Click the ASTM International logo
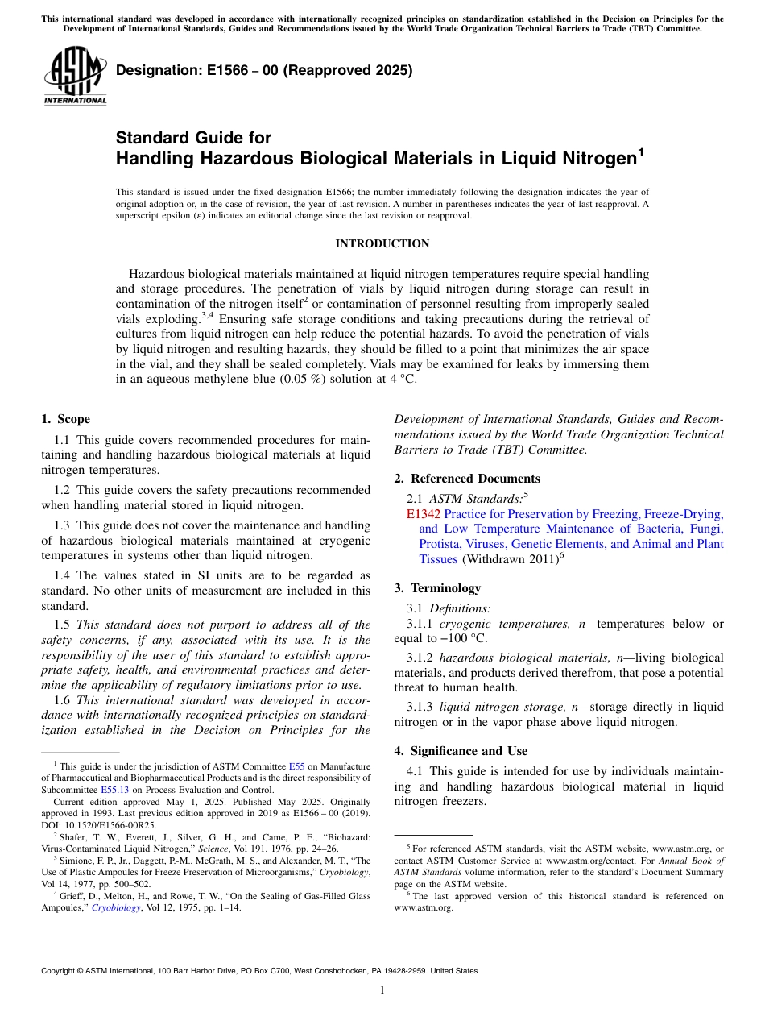point(75,76)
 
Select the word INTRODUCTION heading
point(382,243)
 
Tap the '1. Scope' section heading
point(65,419)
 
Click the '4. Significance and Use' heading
point(461,751)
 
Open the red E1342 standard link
point(424,513)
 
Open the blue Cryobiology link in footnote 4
point(115,907)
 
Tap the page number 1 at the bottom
point(382,990)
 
